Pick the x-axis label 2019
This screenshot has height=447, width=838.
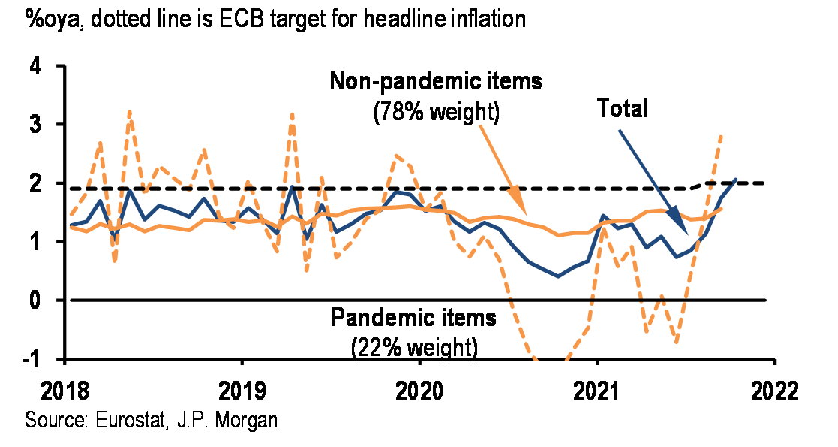[x=242, y=391]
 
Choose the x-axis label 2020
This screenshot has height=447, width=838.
[x=419, y=391]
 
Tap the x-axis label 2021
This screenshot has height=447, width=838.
[x=596, y=391]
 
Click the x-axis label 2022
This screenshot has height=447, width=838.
[x=774, y=391]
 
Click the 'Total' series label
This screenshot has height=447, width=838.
[x=622, y=109]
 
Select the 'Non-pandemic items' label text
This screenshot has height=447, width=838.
[x=436, y=81]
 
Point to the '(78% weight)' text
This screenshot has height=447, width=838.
[x=436, y=113]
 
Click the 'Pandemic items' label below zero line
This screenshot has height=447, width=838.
[x=413, y=318]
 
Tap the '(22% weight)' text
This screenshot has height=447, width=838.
[x=413, y=347]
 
